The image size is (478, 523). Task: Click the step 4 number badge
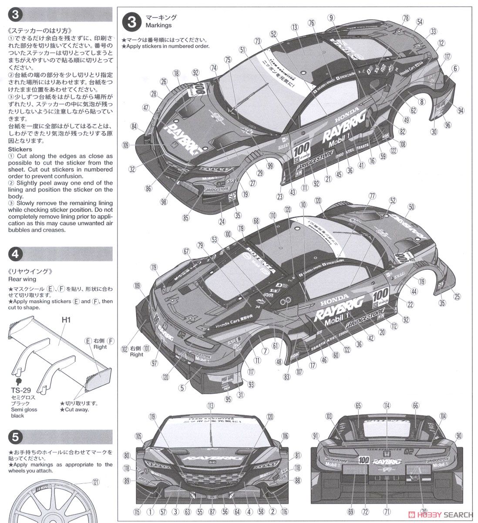15,254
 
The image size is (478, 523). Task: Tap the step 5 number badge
15,437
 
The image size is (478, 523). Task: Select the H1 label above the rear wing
66,320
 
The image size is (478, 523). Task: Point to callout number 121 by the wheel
95,482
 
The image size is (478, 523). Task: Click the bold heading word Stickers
20,149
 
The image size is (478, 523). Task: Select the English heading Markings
159,25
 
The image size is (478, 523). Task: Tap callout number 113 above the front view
211,405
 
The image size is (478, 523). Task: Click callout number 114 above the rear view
387,405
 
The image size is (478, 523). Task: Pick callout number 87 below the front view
212,512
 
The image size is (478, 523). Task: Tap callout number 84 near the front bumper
135,126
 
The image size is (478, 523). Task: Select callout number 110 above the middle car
273,215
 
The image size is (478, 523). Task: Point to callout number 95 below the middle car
228,399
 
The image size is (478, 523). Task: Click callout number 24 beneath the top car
222,221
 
